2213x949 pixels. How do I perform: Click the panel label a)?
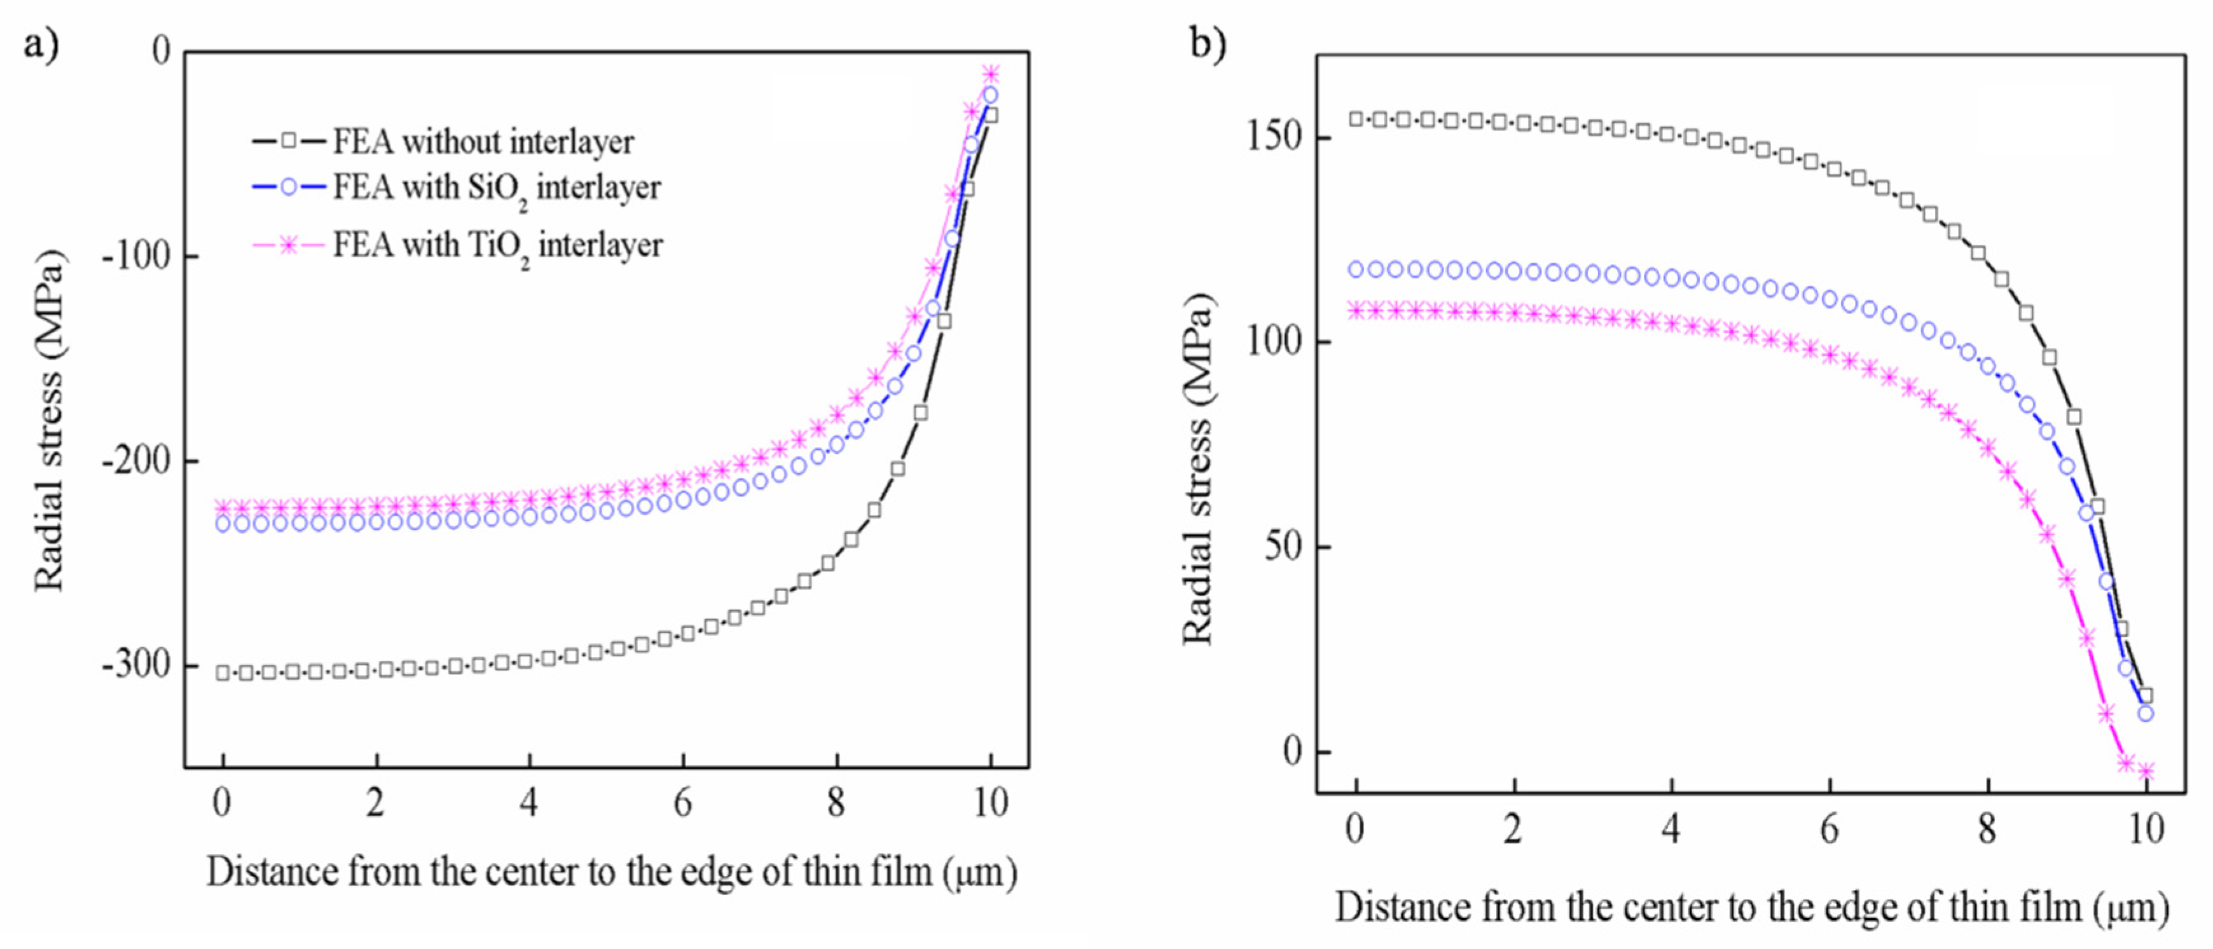41,44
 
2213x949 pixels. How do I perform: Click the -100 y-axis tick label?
137,256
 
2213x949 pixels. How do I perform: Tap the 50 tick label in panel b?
1285,546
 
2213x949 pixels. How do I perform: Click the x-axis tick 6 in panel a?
682,803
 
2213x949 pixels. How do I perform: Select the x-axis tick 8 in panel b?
1987,829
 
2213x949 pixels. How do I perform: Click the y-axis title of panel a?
49,421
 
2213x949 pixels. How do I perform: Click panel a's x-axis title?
612,873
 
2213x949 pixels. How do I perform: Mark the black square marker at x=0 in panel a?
223,672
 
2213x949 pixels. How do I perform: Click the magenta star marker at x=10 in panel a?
991,74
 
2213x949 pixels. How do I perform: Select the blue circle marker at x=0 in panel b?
1356,270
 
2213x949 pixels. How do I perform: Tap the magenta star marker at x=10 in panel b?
2146,771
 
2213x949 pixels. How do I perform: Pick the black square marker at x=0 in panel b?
1356,119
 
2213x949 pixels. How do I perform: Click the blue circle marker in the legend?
289,188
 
